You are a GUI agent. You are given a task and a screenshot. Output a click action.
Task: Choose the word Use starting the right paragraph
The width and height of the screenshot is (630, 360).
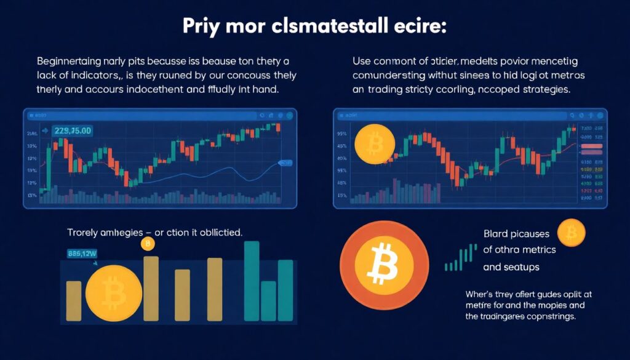click(x=362, y=62)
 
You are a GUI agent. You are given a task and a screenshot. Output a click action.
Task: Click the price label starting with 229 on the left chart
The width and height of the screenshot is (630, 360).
click(x=73, y=130)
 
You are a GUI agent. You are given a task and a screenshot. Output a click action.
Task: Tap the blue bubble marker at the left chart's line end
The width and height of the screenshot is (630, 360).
click(x=285, y=162)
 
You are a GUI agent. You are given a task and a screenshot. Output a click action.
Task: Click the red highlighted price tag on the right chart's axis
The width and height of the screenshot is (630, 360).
click(x=592, y=146)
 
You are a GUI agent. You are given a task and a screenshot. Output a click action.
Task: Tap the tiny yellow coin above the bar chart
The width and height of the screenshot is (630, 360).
click(x=148, y=245)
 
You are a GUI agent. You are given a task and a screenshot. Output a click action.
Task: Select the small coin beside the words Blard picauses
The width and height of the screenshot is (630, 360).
click(x=571, y=233)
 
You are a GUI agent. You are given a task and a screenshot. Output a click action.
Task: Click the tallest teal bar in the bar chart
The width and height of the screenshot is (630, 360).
click(x=252, y=281)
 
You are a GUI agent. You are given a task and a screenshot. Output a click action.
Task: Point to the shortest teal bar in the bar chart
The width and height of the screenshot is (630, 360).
click(x=268, y=301)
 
